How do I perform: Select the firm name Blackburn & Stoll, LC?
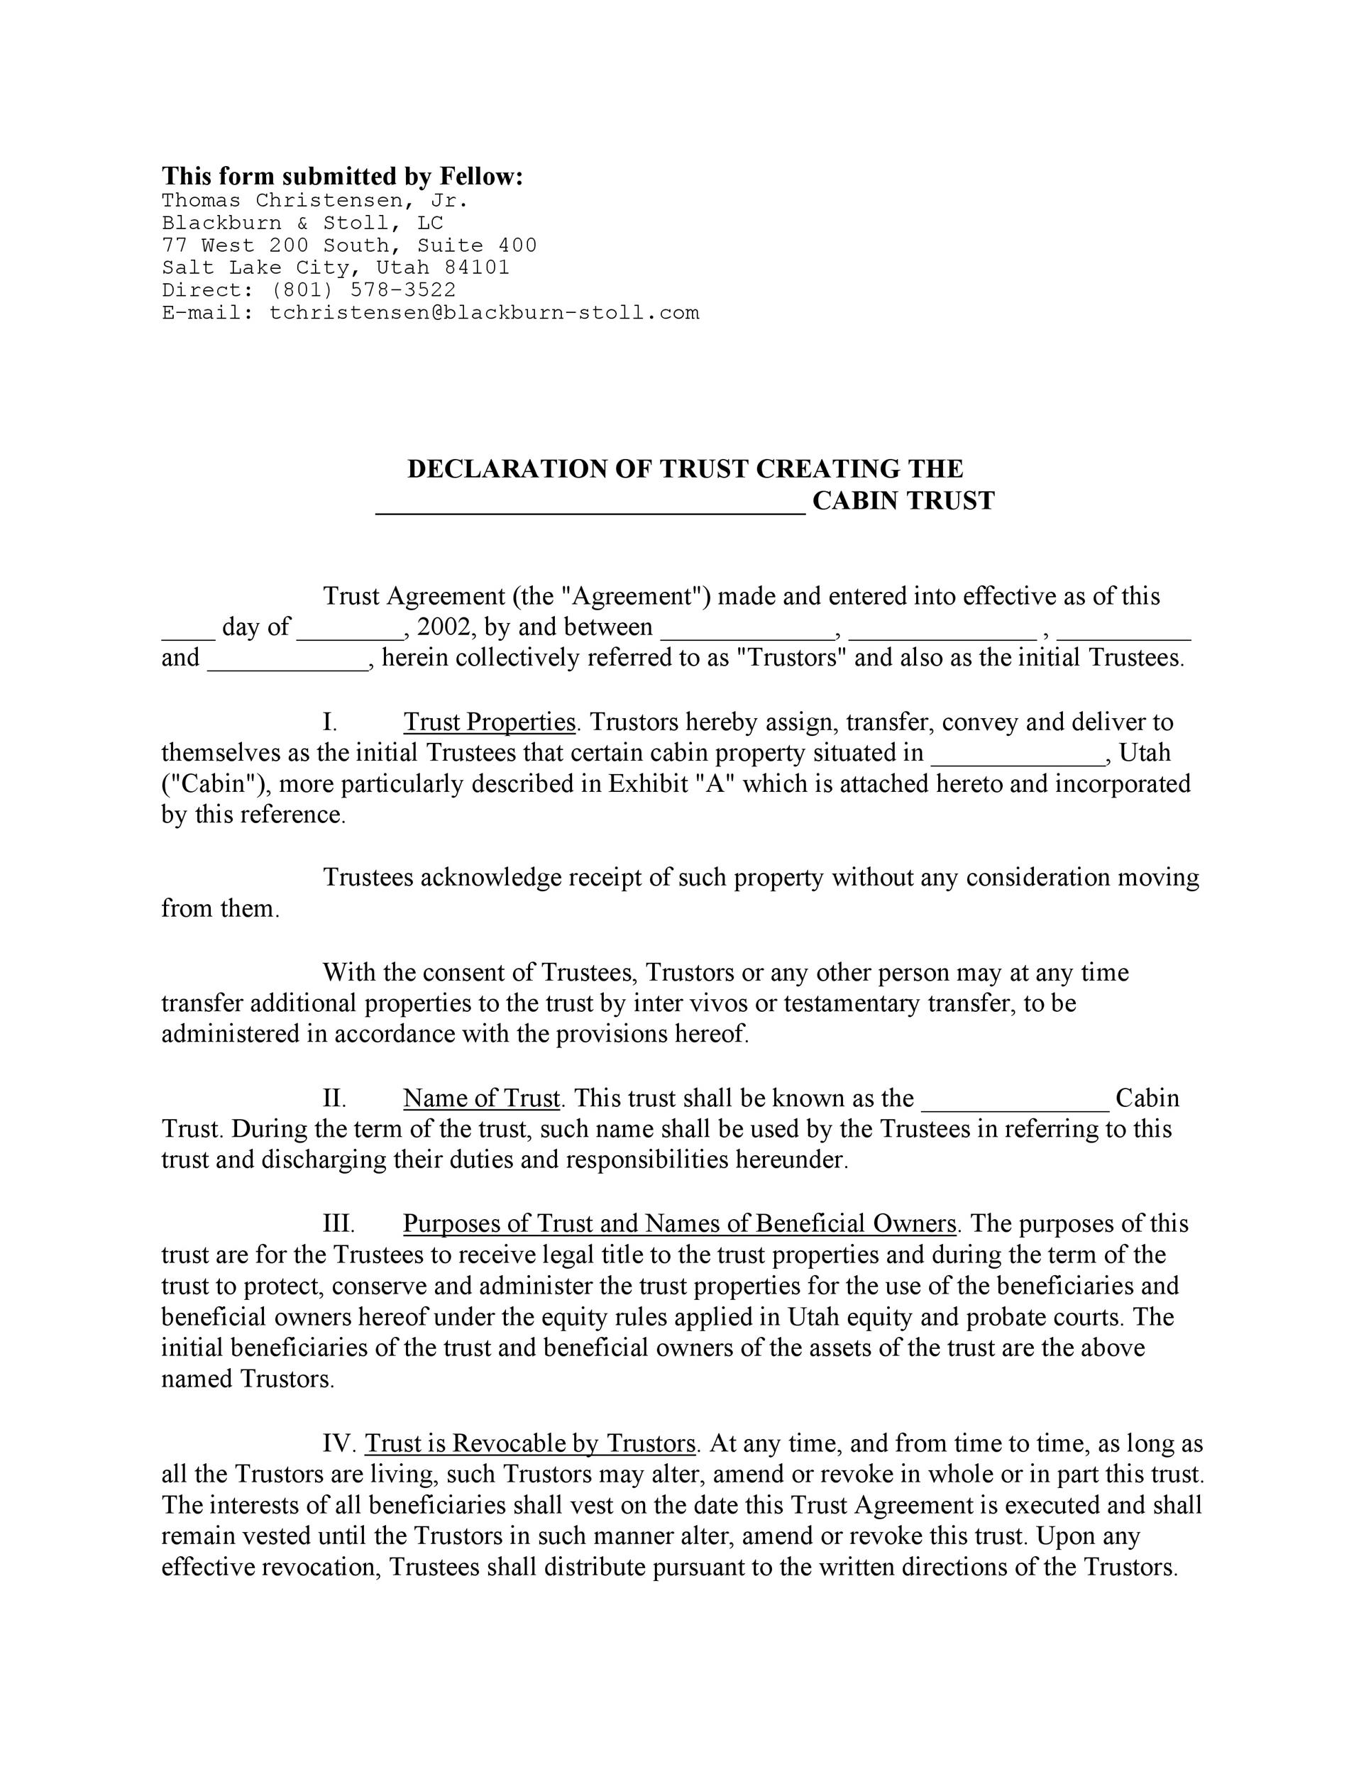302,223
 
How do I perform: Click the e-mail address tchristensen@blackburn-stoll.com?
484,313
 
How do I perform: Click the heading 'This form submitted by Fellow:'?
342,176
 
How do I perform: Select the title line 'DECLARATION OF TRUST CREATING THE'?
685,468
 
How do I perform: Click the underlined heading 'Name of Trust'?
482,1098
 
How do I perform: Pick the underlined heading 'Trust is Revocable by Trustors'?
530,1443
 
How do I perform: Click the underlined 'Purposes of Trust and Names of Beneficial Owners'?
680,1224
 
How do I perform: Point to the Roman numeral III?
338,1224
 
